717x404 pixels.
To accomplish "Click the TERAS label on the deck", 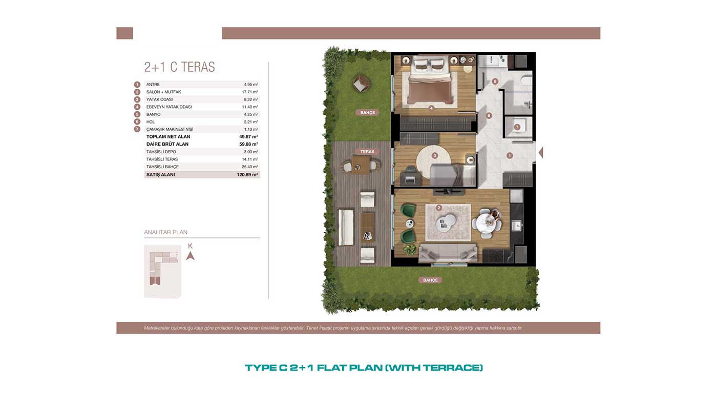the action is [367, 152].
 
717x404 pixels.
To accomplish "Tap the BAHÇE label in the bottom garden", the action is [430, 280].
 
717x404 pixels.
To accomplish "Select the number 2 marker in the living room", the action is [439, 208].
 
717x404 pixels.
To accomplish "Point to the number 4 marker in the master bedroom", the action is [431, 108].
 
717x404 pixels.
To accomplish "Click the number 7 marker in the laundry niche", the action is [517, 127].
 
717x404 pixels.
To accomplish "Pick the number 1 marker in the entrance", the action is [510, 156].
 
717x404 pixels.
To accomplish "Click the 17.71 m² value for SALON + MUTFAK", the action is [250, 92].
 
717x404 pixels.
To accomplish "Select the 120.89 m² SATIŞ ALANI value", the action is [247, 175].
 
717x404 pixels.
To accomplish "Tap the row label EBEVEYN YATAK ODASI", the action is [169, 107].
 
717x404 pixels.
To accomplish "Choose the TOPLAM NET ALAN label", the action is [168, 136].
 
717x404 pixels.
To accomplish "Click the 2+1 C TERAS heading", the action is [179, 67].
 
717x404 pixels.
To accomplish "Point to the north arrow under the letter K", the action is [191, 256].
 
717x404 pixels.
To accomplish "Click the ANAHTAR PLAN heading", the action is [165, 232].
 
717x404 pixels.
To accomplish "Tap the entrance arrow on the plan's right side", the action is [541, 152].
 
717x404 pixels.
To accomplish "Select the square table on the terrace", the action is [361, 165].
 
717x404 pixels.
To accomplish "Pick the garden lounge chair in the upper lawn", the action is [361, 83].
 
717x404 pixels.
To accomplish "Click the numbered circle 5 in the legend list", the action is [137, 114].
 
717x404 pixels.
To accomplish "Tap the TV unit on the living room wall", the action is [448, 192].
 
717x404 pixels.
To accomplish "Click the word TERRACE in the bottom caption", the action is [451, 368].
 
